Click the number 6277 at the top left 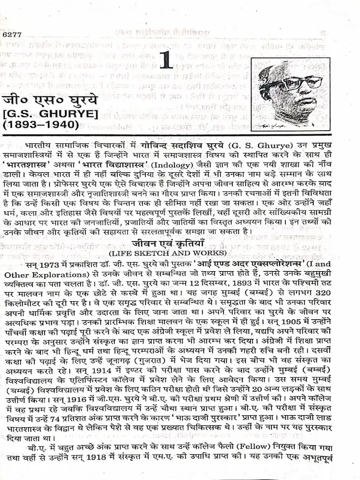pyautogui.click(x=12, y=34)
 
